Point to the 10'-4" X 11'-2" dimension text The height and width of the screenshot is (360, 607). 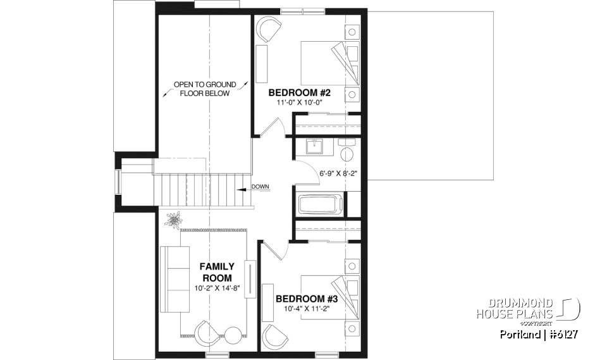[307, 310]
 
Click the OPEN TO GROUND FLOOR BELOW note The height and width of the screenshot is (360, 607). [205, 89]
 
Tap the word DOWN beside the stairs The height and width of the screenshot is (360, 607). [261, 186]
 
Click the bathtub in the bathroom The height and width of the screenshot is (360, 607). [321, 206]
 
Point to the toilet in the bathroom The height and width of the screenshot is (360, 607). [346, 152]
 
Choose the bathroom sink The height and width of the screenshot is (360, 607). [314, 147]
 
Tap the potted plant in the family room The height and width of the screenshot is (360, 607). [173, 221]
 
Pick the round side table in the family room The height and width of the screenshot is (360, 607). [233, 335]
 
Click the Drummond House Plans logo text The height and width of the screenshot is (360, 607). [514, 309]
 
